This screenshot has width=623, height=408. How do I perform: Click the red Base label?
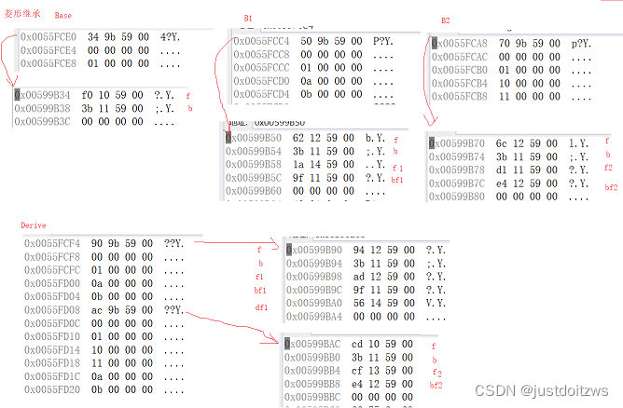62,16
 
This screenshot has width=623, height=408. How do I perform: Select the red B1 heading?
248,19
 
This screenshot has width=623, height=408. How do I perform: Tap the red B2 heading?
445,20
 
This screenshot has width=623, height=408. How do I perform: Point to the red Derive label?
34,225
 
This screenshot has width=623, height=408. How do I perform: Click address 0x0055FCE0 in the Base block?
48,37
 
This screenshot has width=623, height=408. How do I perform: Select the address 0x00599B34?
47,94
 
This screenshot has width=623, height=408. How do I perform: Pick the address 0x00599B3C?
47,122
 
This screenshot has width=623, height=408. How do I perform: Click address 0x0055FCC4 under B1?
262,42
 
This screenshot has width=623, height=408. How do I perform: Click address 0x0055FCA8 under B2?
459,44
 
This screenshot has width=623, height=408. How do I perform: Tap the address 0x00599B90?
316,251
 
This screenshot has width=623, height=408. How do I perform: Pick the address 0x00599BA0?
316,303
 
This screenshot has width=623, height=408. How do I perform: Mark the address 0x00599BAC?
316,345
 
